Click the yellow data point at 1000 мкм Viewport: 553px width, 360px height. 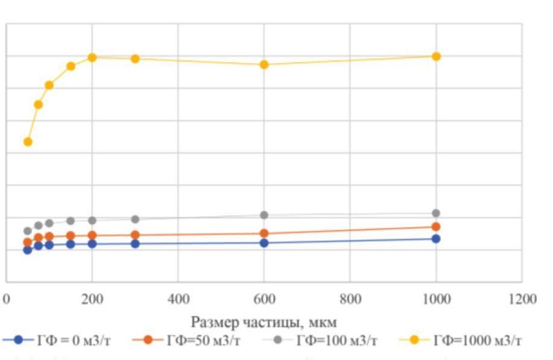(436, 56)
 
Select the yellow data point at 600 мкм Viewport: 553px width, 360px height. (264, 65)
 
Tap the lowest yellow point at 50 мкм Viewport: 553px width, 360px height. (28, 142)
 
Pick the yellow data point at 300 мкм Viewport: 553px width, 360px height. (135, 58)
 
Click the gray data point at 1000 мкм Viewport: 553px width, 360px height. (436, 213)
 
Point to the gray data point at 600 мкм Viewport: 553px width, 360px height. (264, 215)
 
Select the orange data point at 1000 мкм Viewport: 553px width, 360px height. (436, 227)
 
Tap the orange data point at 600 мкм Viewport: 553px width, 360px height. (264, 233)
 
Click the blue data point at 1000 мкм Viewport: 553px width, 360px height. (436, 239)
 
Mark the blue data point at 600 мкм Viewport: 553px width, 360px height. (264, 243)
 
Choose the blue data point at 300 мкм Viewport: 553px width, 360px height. (135, 244)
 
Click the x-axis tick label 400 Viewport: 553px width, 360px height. (178, 300)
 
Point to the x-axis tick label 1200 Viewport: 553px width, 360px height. (522, 300)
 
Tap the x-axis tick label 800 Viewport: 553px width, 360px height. (350, 300)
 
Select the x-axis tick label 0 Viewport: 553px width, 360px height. (7, 300)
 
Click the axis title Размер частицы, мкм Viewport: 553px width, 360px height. (264, 323)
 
